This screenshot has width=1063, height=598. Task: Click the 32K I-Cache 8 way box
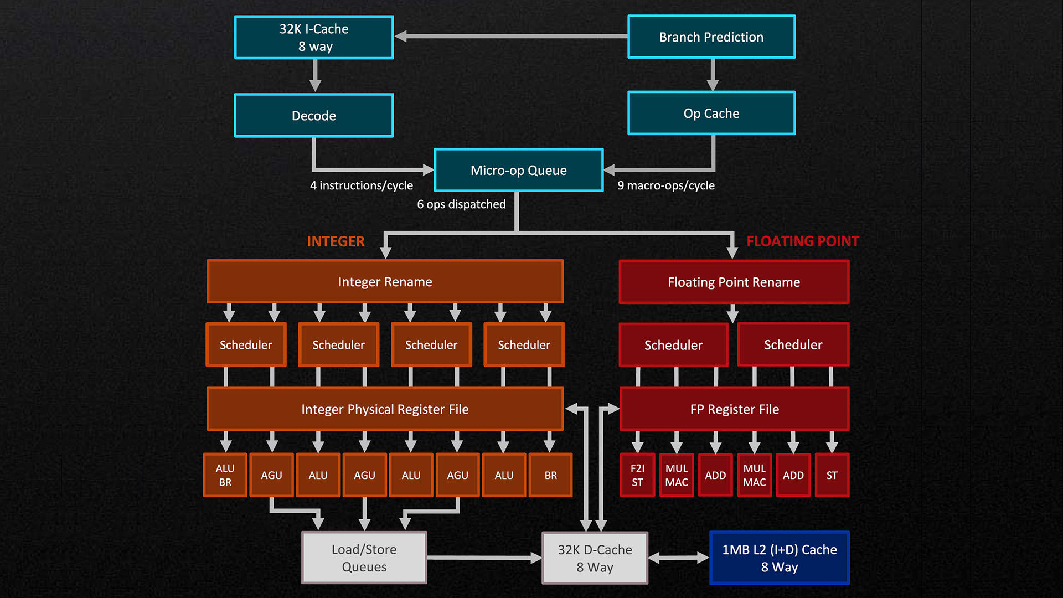click(314, 37)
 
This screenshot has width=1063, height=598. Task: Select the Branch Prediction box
click(711, 37)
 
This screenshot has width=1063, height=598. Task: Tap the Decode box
click(314, 115)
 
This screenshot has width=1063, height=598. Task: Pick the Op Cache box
click(711, 114)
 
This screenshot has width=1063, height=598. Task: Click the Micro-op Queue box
click(519, 170)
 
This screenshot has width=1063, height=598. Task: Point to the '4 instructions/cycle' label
click(362, 185)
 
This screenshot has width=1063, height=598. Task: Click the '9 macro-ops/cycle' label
click(666, 185)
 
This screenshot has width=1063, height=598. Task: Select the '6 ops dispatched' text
click(461, 204)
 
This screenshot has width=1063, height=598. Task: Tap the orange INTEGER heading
click(336, 241)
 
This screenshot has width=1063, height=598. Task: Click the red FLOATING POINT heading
click(802, 241)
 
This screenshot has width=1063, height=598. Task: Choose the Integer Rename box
click(385, 282)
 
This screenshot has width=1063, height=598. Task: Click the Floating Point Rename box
click(734, 282)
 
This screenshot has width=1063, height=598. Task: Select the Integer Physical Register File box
click(385, 409)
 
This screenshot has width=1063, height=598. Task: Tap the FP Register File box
click(734, 409)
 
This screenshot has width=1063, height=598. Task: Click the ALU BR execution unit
click(225, 475)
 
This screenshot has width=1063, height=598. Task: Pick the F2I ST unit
click(637, 475)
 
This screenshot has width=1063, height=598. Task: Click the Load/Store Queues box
click(364, 558)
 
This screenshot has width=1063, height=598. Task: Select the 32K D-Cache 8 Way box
click(595, 558)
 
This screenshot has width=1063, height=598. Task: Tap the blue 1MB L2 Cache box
click(779, 558)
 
